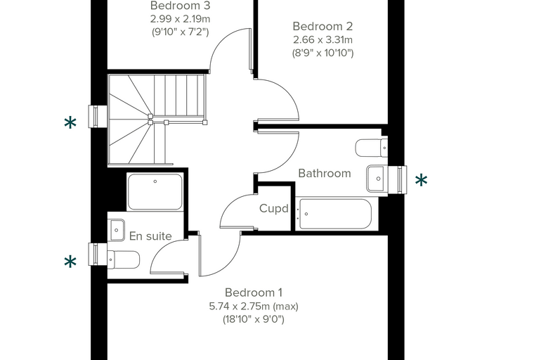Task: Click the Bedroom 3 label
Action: click(x=180, y=6)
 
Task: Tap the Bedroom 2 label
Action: click(x=323, y=26)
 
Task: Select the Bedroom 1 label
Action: click(x=254, y=292)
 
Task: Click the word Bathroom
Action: click(x=325, y=173)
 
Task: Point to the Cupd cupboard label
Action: click(x=274, y=208)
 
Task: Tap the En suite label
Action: click(x=150, y=236)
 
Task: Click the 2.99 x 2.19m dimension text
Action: click(x=180, y=19)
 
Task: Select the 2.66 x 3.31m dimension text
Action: click(x=323, y=40)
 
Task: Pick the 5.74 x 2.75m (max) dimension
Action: click(x=254, y=306)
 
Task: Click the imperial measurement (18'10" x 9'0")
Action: click(x=254, y=319)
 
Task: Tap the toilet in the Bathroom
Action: click(x=372, y=148)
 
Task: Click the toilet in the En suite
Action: click(x=123, y=260)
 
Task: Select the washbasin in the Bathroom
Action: click(x=376, y=179)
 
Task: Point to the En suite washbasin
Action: click(x=117, y=230)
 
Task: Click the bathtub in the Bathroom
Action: click(x=335, y=214)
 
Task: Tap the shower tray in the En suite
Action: click(x=155, y=191)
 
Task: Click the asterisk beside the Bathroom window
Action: click(x=422, y=180)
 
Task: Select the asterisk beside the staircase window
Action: click(x=70, y=123)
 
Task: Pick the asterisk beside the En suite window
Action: click(x=70, y=262)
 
